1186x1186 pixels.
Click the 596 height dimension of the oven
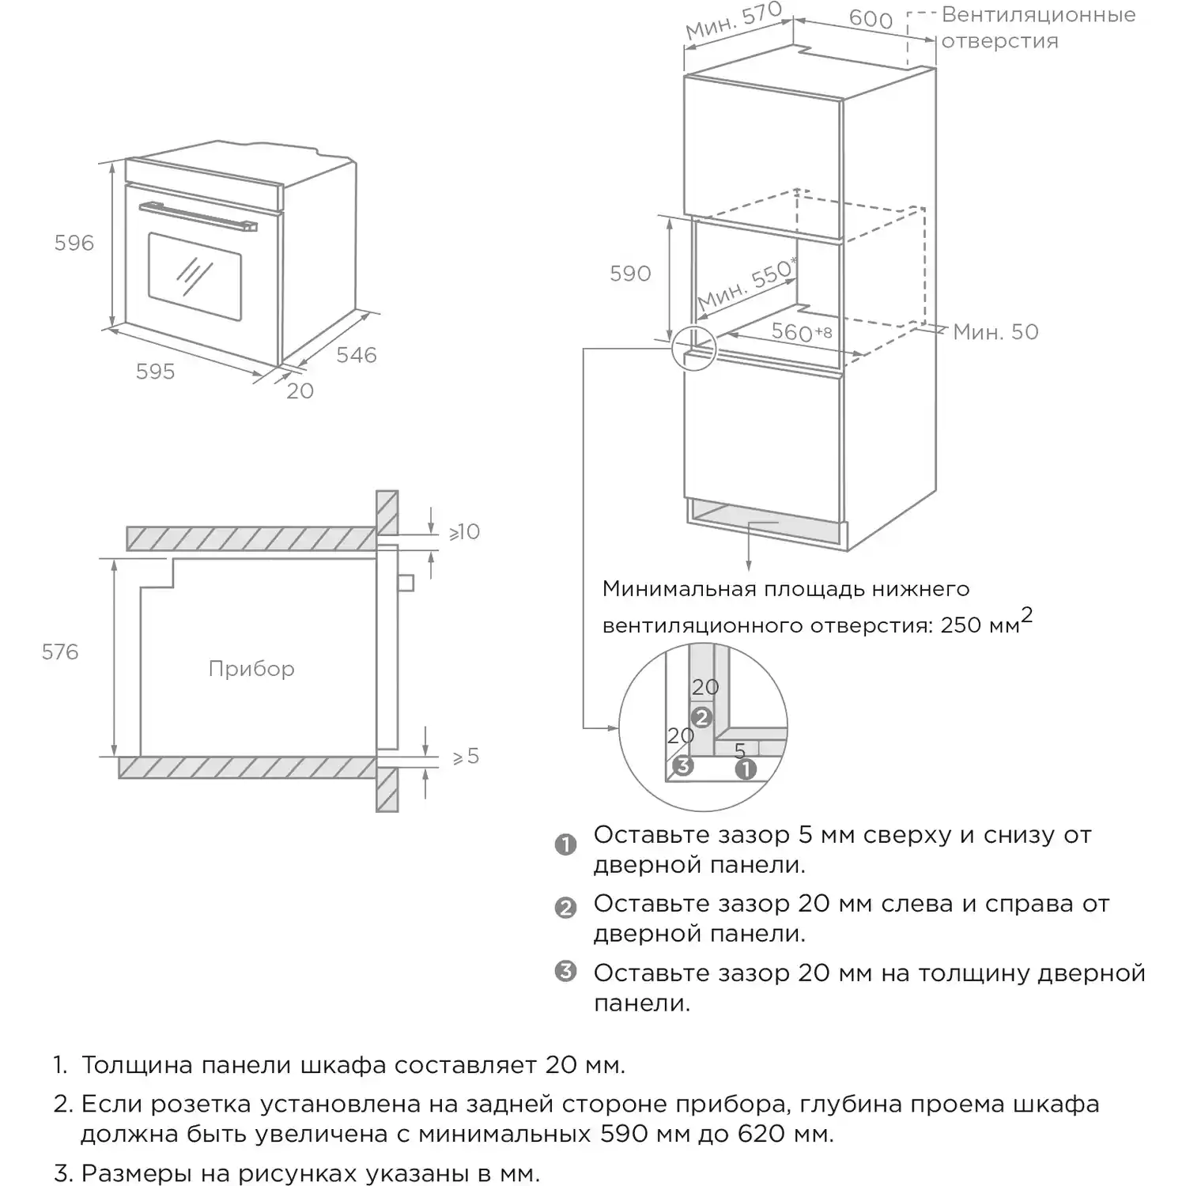pyautogui.click(x=74, y=243)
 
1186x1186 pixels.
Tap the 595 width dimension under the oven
pyautogui.click(x=155, y=372)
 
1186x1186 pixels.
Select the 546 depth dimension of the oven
pyautogui.click(x=357, y=355)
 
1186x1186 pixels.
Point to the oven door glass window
pyautogui.click(x=195, y=276)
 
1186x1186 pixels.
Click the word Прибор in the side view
pyautogui.click(x=251, y=669)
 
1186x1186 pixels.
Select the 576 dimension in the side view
pyautogui.click(x=60, y=652)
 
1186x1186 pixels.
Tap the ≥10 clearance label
pyautogui.click(x=464, y=532)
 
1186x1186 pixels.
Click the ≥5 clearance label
pyautogui.click(x=466, y=757)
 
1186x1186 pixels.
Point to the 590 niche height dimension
pyautogui.click(x=630, y=274)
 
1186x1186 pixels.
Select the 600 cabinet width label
pyautogui.click(x=871, y=18)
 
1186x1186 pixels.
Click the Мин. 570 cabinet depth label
pyautogui.click(x=733, y=21)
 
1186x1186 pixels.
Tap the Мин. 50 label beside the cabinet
pyautogui.click(x=995, y=332)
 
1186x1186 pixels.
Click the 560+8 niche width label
pyautogui.click(x=802, y=332)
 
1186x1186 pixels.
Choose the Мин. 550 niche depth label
pyautogui.click(x=746, y=284)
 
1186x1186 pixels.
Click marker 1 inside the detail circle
pyautogui.click(x=746, y=769)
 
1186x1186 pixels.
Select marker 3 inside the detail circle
pyautogui.click(x=683, y=765)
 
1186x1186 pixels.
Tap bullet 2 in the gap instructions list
pyautogui.click(x=565, y=908)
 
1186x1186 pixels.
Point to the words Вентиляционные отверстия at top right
pyautogui.click(x=1038, y=28)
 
